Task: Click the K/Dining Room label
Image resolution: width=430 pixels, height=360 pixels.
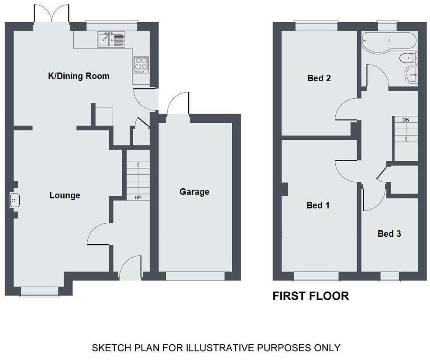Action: click(79, 76)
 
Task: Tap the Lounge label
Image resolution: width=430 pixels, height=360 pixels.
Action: click(65, 195)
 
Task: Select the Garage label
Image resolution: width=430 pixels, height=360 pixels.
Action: click(194, 192)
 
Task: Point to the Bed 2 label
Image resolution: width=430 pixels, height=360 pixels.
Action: click(319, 78)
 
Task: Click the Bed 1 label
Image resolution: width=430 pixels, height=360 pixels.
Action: click(318, 205)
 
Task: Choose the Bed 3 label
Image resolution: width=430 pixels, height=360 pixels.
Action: click(389, 234)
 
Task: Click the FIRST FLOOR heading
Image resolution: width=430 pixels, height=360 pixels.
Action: click(310, 296)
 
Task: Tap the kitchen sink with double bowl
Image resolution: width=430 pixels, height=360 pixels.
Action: click(111, 39)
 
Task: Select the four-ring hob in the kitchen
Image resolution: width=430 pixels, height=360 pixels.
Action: click(141, 64)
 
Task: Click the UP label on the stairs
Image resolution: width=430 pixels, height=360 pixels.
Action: click(138, 197)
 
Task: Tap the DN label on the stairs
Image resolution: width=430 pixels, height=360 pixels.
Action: click(406, 119)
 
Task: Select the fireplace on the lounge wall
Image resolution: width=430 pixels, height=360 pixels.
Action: click(14, 201)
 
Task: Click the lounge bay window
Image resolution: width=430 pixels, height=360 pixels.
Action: click(39, 291)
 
